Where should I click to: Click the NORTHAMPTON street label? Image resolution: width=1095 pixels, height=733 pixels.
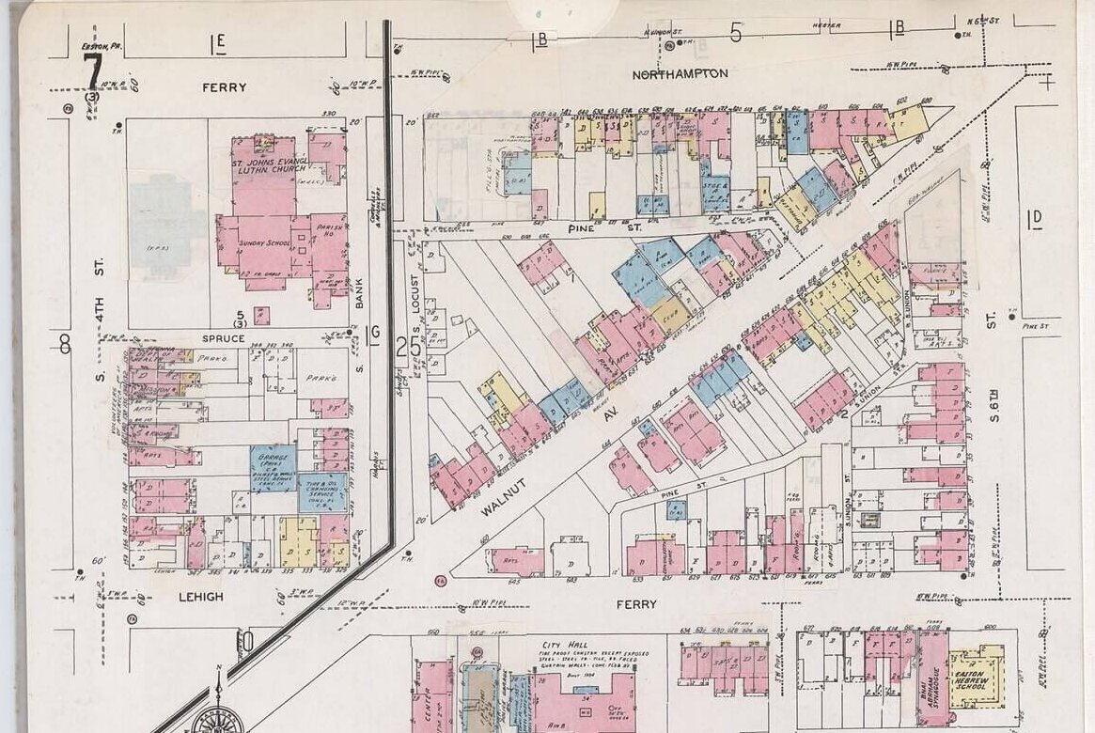(680, 72)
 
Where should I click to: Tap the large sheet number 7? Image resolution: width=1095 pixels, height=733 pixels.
(92, 71)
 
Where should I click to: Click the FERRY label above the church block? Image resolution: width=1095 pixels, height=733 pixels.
(224, 87)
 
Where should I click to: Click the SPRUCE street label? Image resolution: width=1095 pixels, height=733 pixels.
(223, 337)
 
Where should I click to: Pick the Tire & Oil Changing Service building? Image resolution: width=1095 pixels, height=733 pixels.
(322, 489)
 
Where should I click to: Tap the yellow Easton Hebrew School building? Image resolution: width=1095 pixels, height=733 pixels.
(975, 677)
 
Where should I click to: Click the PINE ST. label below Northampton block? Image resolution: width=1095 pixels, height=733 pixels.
(591, 227)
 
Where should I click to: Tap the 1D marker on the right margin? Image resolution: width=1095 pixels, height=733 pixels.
(1035, 220)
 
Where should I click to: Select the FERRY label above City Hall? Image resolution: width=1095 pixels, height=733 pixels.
(638, 603)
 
